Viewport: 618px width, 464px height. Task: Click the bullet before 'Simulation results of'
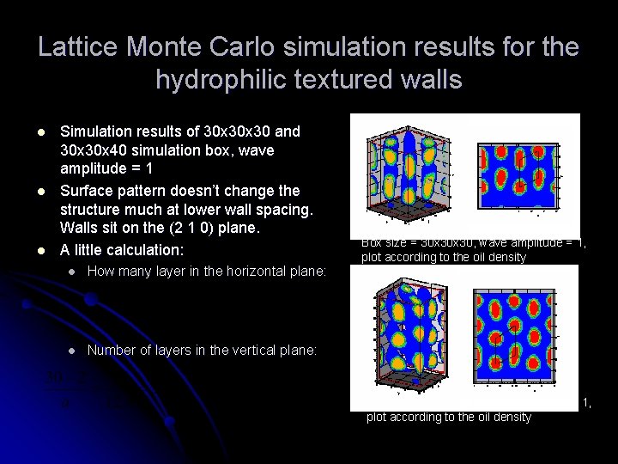point(40,132)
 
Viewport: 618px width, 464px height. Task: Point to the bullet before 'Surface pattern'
point(40,192)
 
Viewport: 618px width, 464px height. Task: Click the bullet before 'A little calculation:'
point(40,251)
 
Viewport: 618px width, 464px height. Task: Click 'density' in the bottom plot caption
point(511,417)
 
